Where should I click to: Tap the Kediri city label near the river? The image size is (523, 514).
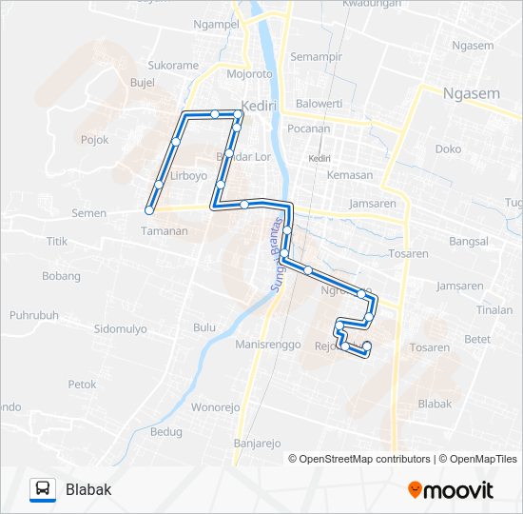[258, 106]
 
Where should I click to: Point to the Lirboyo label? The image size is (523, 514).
[187, 176]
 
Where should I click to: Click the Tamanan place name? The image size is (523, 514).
[164, 230]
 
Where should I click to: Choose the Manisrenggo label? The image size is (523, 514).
[268, 344]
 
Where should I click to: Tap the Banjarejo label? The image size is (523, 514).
[257, 444]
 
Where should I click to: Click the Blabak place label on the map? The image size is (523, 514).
[435, 404]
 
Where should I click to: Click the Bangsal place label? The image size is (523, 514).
[468, 242]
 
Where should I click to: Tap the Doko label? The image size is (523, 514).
[448, 148]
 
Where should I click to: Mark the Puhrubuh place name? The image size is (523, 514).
[34, 314]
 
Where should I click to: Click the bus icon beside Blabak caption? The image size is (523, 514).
[43, 489]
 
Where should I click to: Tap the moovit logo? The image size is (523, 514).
[451, 489]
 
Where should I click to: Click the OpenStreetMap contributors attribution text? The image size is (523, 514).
[359, 459]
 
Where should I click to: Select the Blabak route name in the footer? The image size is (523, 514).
[88, 489]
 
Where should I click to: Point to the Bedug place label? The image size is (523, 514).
[166, 431]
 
